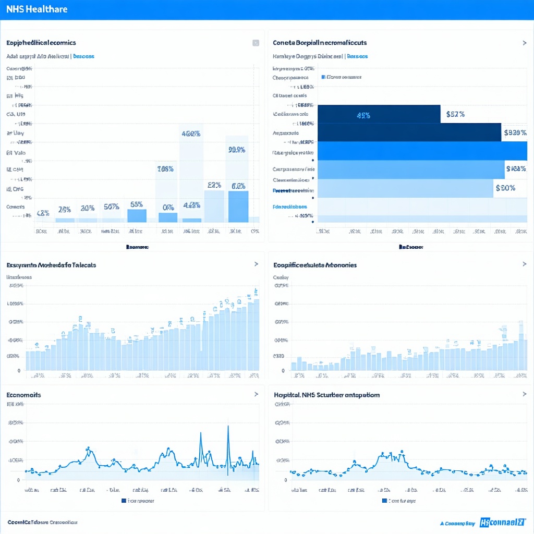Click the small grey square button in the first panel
point(256,43)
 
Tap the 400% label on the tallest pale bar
point(191,133)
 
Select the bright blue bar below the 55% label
point(137,215)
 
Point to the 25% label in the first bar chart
point(65,210)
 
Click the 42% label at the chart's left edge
point(43,213)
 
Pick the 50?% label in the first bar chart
point(111,207)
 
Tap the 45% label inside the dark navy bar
point(363,115)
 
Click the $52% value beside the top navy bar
point(455,114)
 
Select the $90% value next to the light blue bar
point(505,188)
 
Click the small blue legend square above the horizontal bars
point(323,77)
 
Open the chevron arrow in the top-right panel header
point(524,43)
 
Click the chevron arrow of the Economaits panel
point(256,395)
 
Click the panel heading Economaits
point(23,395)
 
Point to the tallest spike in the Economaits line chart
point(228,428)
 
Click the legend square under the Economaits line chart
point(124,501)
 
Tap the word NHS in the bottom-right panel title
point(309,395)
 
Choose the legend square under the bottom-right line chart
point(384,501)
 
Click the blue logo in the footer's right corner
point(503,521)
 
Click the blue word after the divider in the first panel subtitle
point(83,56)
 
